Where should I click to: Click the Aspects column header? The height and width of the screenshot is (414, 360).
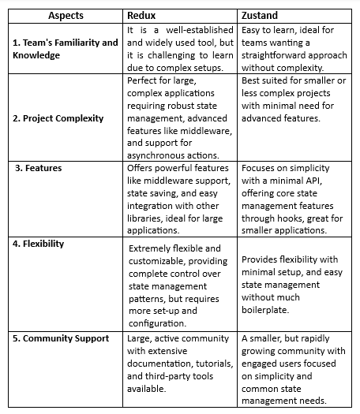tap(65, 15)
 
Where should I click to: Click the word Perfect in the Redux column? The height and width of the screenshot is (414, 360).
tap(146, 80)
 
